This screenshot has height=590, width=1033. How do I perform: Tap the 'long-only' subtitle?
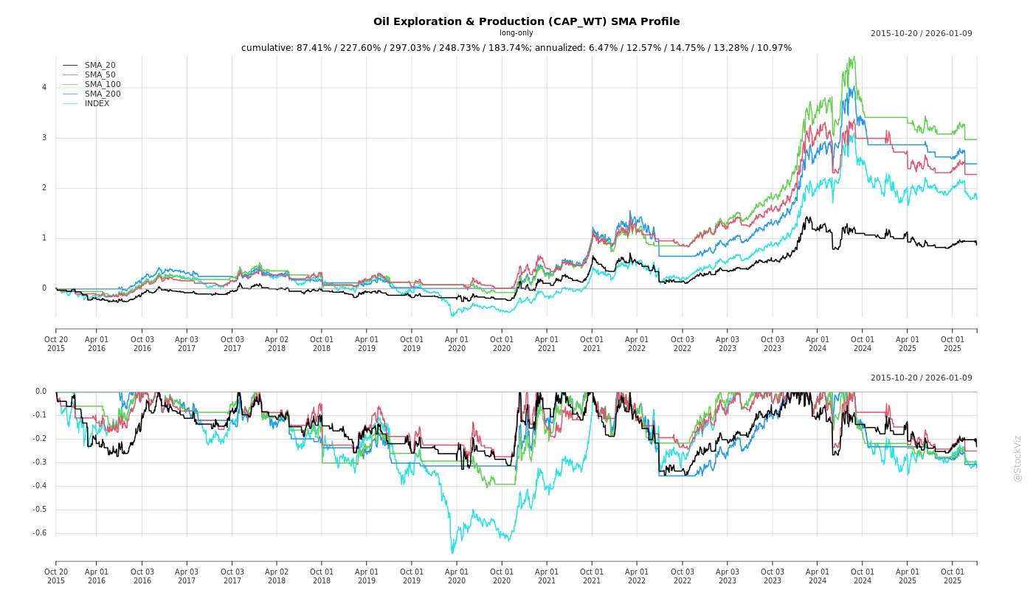click(516, 33)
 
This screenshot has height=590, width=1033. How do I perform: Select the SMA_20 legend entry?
click(100, 65)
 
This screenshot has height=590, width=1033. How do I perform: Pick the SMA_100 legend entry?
click(103, 84)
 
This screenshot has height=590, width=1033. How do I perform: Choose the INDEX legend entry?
click(97, 103)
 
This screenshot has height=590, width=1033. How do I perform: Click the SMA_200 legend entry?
click(103, 94)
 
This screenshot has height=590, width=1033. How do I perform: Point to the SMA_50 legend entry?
click(100, 74)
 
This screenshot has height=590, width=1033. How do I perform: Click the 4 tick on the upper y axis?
click(44, 87)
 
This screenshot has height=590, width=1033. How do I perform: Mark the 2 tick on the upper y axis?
click(44, 188)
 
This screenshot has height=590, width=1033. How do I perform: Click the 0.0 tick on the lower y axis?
click(41, 392)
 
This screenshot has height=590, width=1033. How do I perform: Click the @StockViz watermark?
click(1018, 458)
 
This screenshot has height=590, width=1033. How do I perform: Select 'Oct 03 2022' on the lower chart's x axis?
click(682, 576)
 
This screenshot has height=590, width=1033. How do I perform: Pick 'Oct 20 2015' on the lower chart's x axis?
click(56, 576)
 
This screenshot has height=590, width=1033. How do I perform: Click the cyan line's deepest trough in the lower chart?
click(452, 553)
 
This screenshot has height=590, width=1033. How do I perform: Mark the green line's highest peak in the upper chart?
click(853, 57)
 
